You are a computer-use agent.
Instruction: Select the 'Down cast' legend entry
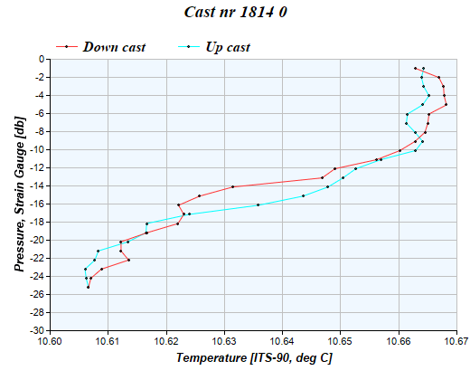point(113,46)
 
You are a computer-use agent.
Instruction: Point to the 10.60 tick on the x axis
point(50,342)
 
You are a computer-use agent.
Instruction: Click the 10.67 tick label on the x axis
point(456,342)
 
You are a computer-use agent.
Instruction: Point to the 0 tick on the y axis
point(42,59)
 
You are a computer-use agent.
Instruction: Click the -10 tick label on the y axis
point(37,149)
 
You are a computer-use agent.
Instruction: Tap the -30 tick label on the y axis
point(37,330)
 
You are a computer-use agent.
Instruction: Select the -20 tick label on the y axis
point(37,240)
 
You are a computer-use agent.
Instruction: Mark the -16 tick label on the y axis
point(37,204)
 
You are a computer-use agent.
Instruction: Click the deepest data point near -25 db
point(88,287)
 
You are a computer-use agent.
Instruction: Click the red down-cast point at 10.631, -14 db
point(232,186)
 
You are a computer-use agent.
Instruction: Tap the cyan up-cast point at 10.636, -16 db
point(258,204)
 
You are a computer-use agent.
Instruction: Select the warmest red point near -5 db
point(446,105)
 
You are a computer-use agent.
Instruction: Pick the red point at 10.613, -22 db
point(128,260)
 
